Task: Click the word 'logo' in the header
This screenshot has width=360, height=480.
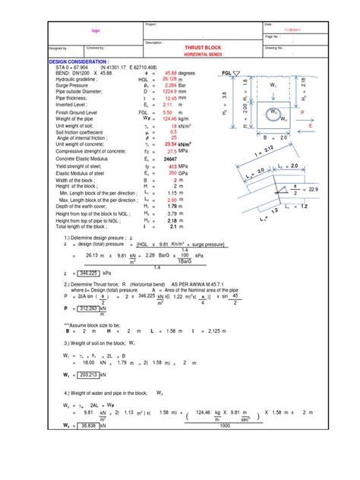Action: pos(95,31)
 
